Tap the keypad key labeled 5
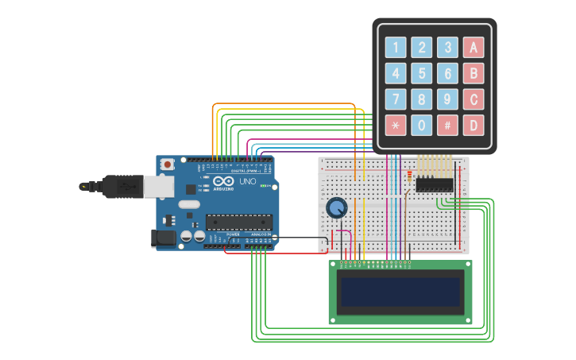pos(422,74)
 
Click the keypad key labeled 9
pos(448,99)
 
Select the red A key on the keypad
pos(474,48)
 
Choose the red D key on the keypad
pos(474,125)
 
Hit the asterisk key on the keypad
pos(396,125)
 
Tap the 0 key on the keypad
pos(422,125)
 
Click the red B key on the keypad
pos(474,74)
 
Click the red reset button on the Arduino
pos(167,164)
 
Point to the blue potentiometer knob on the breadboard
pos(337,208)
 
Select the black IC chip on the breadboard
pos(435,184)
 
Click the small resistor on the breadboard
pos(409,176)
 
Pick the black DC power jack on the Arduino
pos(163,237)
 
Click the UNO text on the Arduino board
pos(248,181)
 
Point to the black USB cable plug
pos(119,187)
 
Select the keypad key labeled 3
pos(448,48)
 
